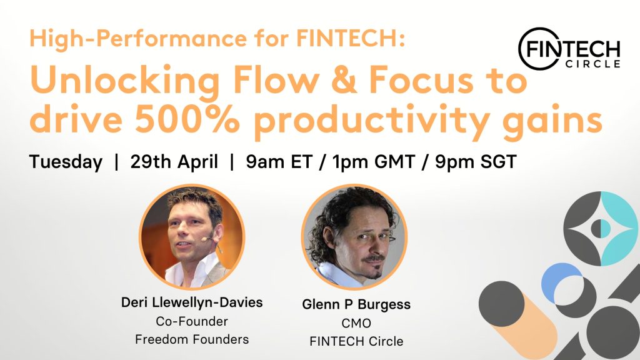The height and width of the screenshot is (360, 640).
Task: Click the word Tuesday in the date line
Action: click(x=65, y=162)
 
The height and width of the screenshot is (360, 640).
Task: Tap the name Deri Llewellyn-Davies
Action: click(x=192, y=302)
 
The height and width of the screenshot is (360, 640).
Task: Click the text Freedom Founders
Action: click(x=192, y=339)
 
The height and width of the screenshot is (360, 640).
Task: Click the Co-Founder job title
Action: click(x=192, y=321)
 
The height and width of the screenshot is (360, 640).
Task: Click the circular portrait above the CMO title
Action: click(x=354, y=237)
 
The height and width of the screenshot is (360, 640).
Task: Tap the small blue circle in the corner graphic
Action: click(x=555, y=279)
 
